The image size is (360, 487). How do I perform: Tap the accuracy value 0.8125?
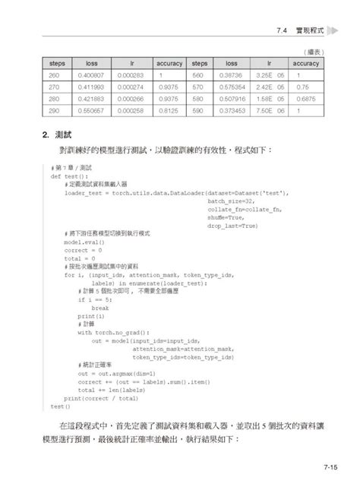coord(169,110)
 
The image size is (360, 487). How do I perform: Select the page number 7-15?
coord(331,468)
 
